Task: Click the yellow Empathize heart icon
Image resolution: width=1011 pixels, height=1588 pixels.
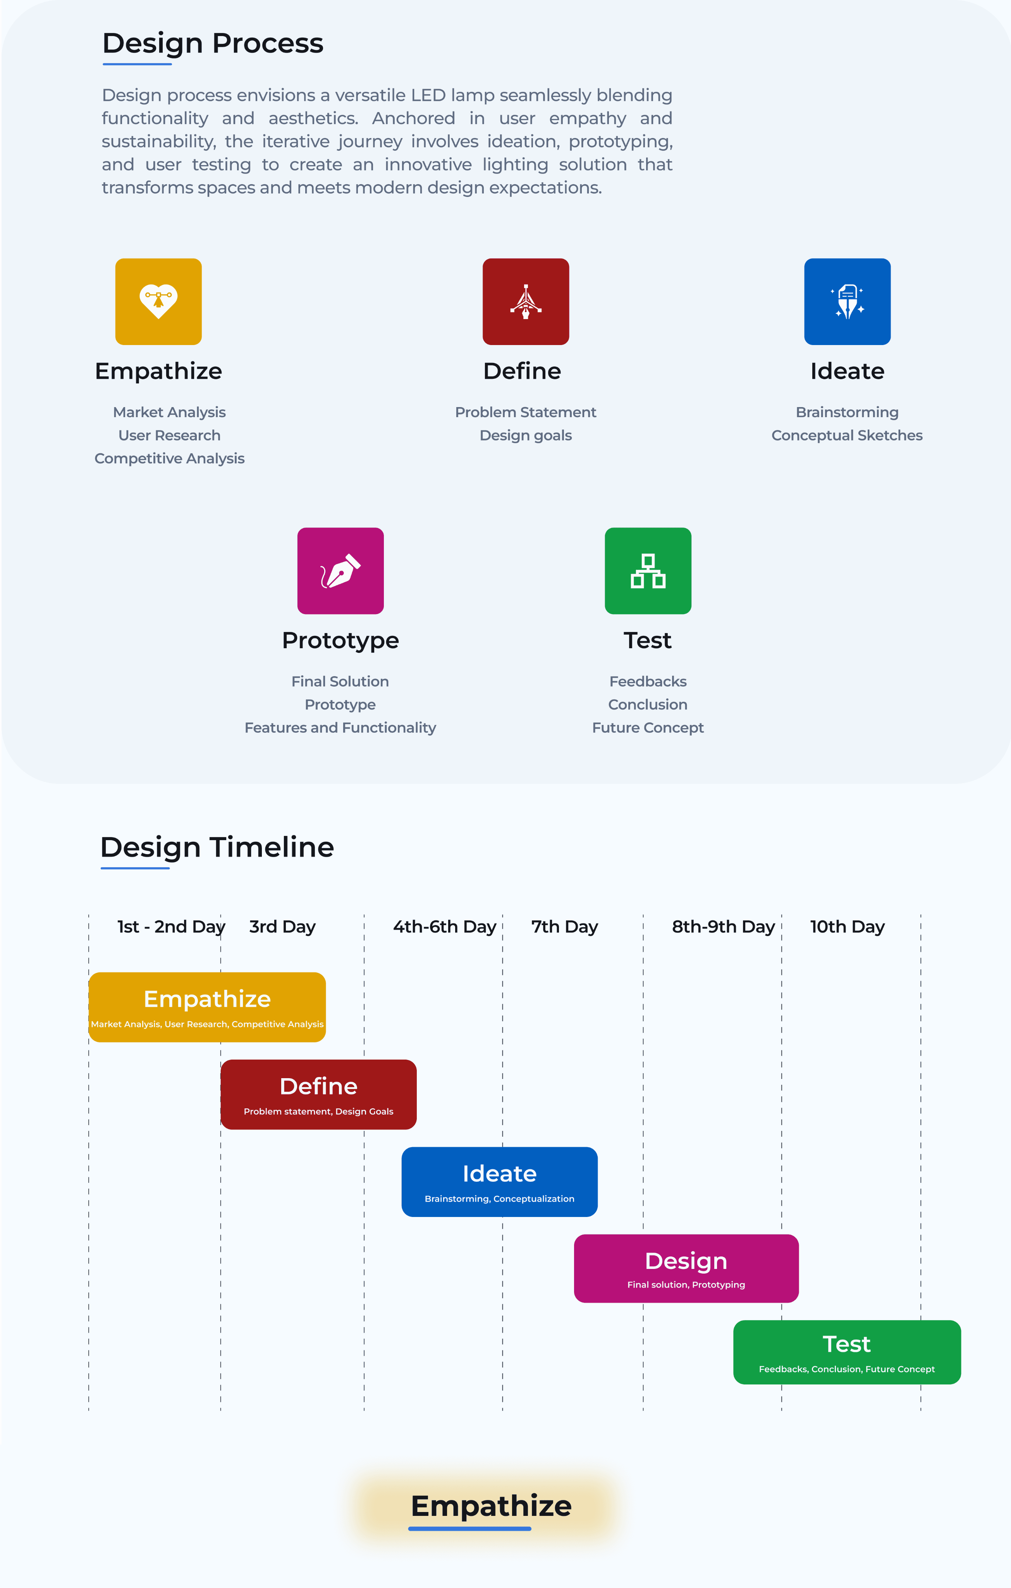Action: click(x=158, y=301)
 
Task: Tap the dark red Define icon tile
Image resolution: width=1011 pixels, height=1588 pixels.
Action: click(x=525, y=301)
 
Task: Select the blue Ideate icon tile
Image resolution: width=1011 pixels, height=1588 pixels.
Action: click(x=847, y=301)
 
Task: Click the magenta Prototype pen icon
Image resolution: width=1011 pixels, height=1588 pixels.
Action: click(x=340, y=570)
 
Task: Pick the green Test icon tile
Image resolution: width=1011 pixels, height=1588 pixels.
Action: click(x=648, y=570)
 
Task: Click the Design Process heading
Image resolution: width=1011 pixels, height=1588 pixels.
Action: click(x=213, y=43)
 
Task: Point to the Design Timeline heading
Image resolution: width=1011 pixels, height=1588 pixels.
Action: click(x=217, y=848)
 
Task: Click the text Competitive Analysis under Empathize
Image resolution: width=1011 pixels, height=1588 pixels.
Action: click(x=169, y=458)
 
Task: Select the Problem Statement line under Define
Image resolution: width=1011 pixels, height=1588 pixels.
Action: click(x=525, y=412)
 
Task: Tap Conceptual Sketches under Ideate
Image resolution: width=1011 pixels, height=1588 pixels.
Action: click(x=847, y=435)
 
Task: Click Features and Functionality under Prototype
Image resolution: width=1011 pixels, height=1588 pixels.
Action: click(x=340, y=727)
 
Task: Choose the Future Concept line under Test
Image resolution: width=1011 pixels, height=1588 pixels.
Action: click(x=648, y=727)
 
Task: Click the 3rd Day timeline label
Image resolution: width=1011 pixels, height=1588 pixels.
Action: click(x=282, y=927)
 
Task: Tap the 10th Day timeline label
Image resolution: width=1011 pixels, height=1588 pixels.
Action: click(x=847, y=927)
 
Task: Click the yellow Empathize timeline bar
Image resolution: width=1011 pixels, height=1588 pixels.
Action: click(x=207, y=1007)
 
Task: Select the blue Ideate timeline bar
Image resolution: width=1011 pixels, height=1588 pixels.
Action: click(x=500, y=1182)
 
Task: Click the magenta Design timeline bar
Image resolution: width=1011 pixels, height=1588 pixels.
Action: click(x=686, y=1268)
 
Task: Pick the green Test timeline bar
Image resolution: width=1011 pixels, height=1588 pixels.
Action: click(x=847, y=1352)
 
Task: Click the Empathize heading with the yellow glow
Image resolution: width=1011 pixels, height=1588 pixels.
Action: click(x=491, y=1506)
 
